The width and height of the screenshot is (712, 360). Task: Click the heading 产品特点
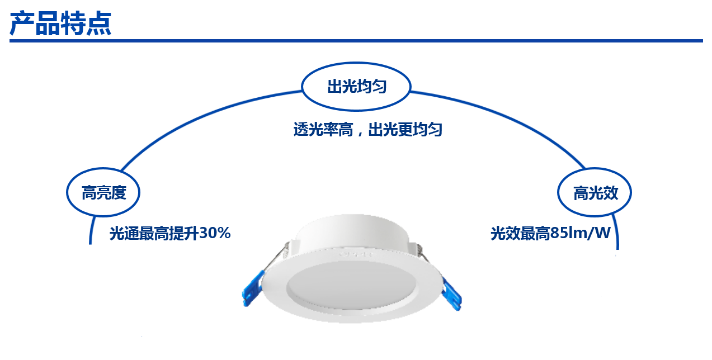pos(60,23)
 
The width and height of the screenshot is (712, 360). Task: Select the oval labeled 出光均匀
pos(356,87)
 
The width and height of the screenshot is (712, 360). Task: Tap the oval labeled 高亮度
pos(103,193)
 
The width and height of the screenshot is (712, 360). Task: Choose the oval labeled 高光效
pos(595,193)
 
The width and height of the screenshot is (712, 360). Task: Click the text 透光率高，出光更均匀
pos(367,130)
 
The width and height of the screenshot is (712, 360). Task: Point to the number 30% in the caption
pos(215,233)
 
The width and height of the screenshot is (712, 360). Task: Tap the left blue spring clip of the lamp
pos(251,287)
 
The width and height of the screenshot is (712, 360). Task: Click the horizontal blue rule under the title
pos(356,41)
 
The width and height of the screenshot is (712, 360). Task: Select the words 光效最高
pos(520,233)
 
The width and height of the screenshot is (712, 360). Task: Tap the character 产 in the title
pos(22,23)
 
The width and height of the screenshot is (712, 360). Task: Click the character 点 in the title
pos(99,23)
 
